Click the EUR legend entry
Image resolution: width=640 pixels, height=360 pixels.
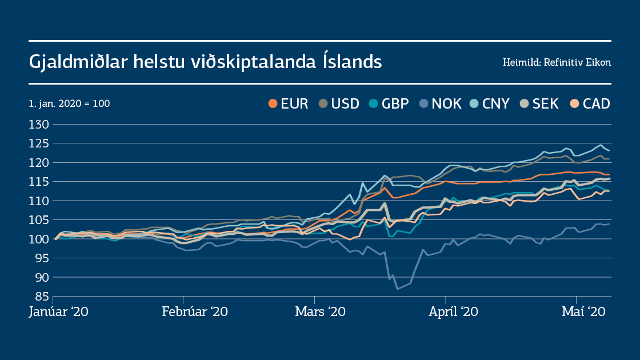pyautogui.click(x=289, y=103)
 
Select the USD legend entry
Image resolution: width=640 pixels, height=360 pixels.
pyautogui.click(x=339, y=103)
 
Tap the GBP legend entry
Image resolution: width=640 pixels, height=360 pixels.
pyautogui.click(x=389, y=103)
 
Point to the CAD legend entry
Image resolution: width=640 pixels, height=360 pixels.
pyautogui.click(x=589, y=103)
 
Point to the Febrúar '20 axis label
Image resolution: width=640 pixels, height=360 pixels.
pyautogui.click(x=195, y=312)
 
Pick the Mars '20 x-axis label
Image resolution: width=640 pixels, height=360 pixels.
pyautogui.click(x=320, y=312)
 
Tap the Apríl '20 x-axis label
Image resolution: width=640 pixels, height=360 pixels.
pyautogui.click(x=453, y=312)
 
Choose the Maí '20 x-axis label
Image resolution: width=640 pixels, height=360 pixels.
pyautogui.click(x=583, y=312)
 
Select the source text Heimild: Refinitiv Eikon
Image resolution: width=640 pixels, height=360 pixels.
pyautogui.click(x=557, y=62)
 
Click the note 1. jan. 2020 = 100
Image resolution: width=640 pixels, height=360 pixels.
pyautogui.click(x=69, y=104)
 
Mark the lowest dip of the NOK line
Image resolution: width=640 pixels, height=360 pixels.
pyautogui.click(x=398, y=289)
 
